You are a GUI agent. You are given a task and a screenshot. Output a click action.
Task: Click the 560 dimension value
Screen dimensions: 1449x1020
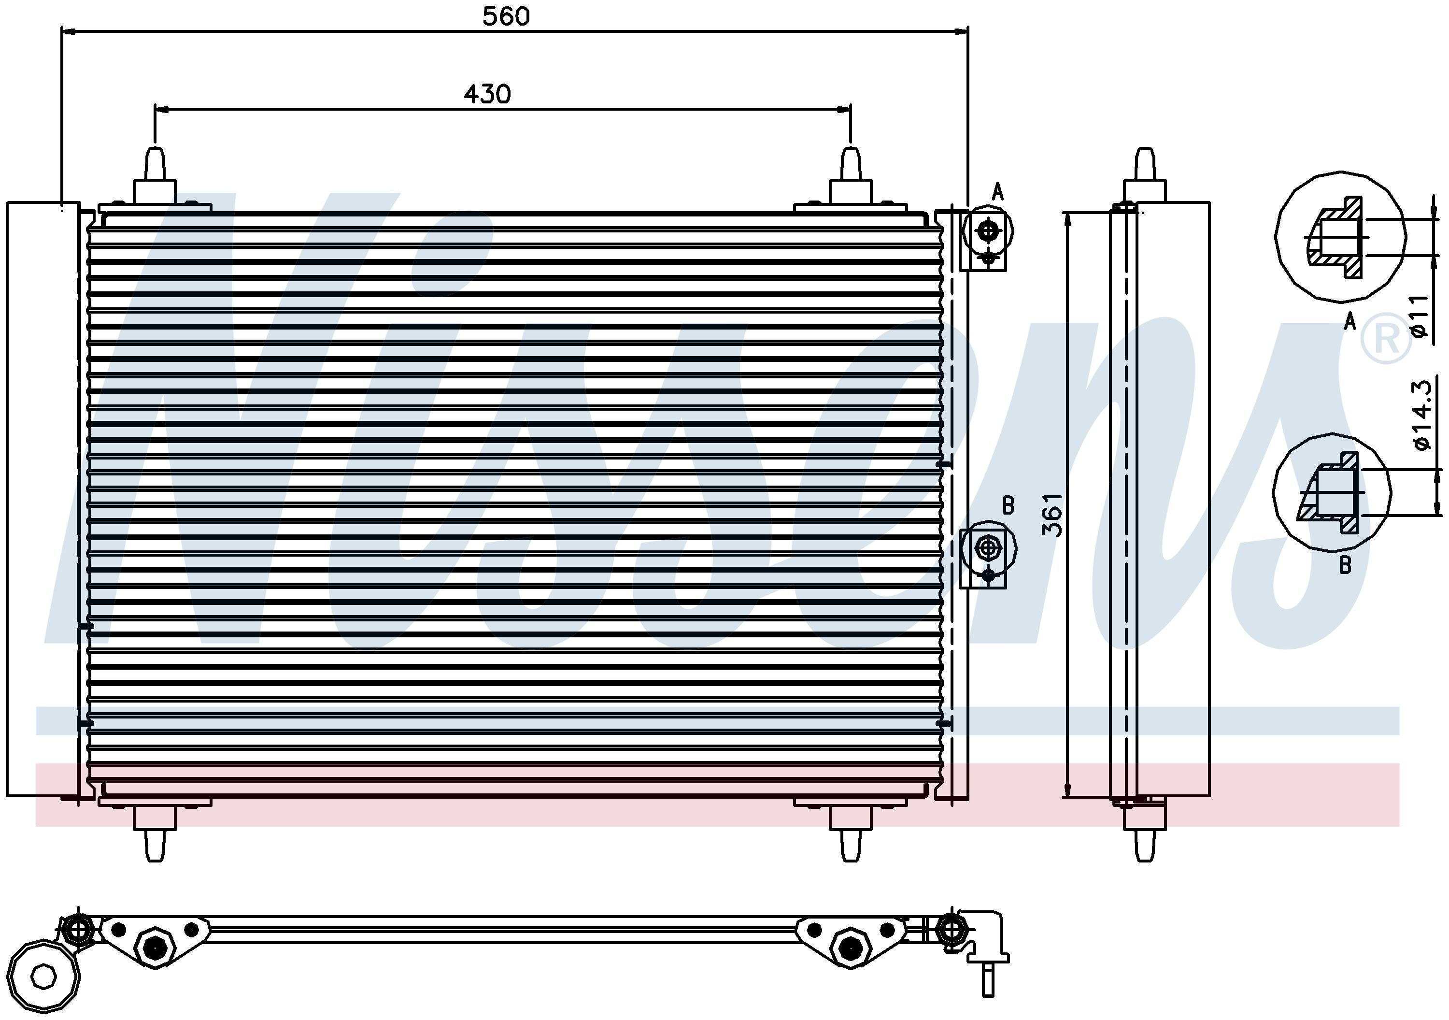[x=506, y=16]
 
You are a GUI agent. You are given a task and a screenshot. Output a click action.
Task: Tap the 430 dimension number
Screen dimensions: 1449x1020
[x=487, y=94]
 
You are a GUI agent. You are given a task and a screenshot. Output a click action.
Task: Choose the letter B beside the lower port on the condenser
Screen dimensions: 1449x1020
[x=1009, y=505]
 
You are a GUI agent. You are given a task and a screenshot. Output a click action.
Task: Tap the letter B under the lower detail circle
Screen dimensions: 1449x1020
[x=1345, y=565]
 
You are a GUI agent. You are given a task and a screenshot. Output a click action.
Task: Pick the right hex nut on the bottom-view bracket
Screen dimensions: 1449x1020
[x=850, y=947]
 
